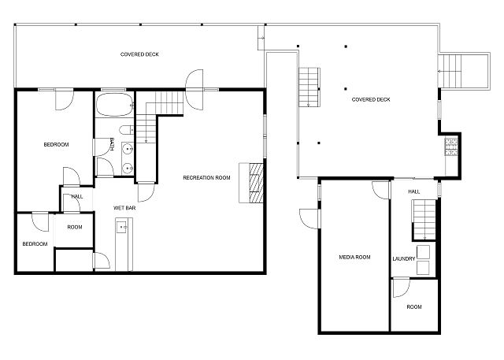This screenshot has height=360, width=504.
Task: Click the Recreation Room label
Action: pyautogui.click(x=206, y=177)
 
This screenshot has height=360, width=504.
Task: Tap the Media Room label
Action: pyautogui.click(x=354, y=257)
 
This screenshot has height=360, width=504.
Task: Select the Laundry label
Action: pyautogui.click(x=404, y=258)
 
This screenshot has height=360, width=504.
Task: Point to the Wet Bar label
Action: pyautogui.click(x=124, y=208)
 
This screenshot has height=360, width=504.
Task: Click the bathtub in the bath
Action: pyautogui.click(x=114, y=105)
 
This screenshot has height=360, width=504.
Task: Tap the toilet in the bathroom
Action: pyautogui.click(x=126, y=130)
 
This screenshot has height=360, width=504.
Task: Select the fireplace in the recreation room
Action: pyautogui.click(x=251, y=183)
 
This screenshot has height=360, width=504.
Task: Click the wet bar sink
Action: pyautogui.click(x=122, y=227)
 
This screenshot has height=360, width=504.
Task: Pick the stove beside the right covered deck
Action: pyautogui.click(x=451, y=147)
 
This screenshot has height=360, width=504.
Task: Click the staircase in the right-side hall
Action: pyautogui.click(x=424, y=220)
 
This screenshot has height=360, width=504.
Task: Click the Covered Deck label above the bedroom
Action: pyautogui.click(x=139, y=54)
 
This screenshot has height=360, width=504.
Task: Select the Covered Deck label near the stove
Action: pyautogui.click(x=371, y=99)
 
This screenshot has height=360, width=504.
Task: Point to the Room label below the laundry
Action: pyautogui.click(x=414, y=307)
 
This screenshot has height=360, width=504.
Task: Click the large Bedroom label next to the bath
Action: pyautogui.click(x=56, y=145)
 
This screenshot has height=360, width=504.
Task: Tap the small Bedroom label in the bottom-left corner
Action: pyautogui.click(x=35, y=244)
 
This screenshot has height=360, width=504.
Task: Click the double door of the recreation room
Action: pyautogui.click(x=195, y=90)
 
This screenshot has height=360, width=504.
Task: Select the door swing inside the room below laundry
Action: pyautogui.click(x=401, y=288)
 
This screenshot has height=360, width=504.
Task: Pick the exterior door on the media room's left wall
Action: pyautogui.click(x=309, y=219)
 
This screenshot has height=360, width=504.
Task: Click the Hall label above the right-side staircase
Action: pyautogui.click(x=414, y=191)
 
